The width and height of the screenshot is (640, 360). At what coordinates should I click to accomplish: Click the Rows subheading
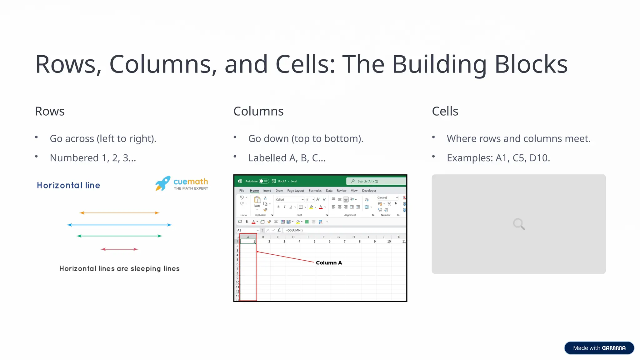[x=50, y=111]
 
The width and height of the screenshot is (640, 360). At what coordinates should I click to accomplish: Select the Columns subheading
[x=258, y=111]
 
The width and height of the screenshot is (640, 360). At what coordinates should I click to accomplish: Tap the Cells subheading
[x=445, y=111]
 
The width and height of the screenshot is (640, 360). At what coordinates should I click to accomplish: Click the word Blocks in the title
[x=531, y=64]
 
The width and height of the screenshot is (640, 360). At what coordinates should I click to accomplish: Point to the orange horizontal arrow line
[x=119, y=213]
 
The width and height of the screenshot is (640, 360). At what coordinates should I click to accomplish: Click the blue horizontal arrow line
[x=119, y=225]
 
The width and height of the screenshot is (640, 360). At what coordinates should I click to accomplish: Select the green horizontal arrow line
[x=119, y=236]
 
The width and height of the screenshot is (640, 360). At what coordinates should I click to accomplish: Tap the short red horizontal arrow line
[x=119, y=249]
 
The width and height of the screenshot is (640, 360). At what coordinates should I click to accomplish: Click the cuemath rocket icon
[x=163, y=183]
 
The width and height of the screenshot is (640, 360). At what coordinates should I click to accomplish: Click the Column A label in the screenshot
[x=329, y=263]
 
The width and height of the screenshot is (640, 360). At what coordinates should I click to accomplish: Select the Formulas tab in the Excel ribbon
[x=315, y=191]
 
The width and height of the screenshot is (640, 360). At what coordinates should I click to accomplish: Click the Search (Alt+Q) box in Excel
[x=376, y=181]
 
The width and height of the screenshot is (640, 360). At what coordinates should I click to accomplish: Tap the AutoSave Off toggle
[x=264, y=181]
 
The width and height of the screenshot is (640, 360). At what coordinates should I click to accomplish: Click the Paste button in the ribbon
[x=257, y=202]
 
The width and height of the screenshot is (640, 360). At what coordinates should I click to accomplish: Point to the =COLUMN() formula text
[x=294, y=230]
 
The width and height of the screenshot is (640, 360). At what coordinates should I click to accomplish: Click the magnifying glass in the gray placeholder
[x=519, y=224]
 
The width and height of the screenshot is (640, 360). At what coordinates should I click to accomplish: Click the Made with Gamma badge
[x=599, y=348]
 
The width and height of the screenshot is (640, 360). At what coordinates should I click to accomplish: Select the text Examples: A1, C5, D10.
[x=498, y=158]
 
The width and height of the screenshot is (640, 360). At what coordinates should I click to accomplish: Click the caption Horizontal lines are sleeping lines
[x=119, y=269]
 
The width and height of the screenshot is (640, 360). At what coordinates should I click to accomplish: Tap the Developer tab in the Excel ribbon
[x=369, y=191]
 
